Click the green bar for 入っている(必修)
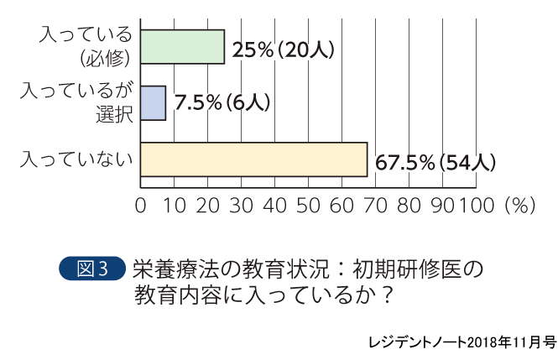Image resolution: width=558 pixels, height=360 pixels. pyautogui.click(x=182, y=47)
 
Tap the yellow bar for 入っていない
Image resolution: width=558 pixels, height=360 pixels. pyautogui.click(x=253, y=159)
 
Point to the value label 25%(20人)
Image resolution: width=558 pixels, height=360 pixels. pyautogui.click(x=284, y=49)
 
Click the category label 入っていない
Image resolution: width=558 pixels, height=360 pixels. pyautogui.click(x=76, y=159)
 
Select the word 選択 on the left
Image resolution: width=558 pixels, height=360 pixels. pyautogui.click(x=116, y=115)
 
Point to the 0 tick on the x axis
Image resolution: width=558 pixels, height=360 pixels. pyautogui.click(x=140, y=206)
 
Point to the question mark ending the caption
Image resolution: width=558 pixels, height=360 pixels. pyautogui.click(x=385, y=296)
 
